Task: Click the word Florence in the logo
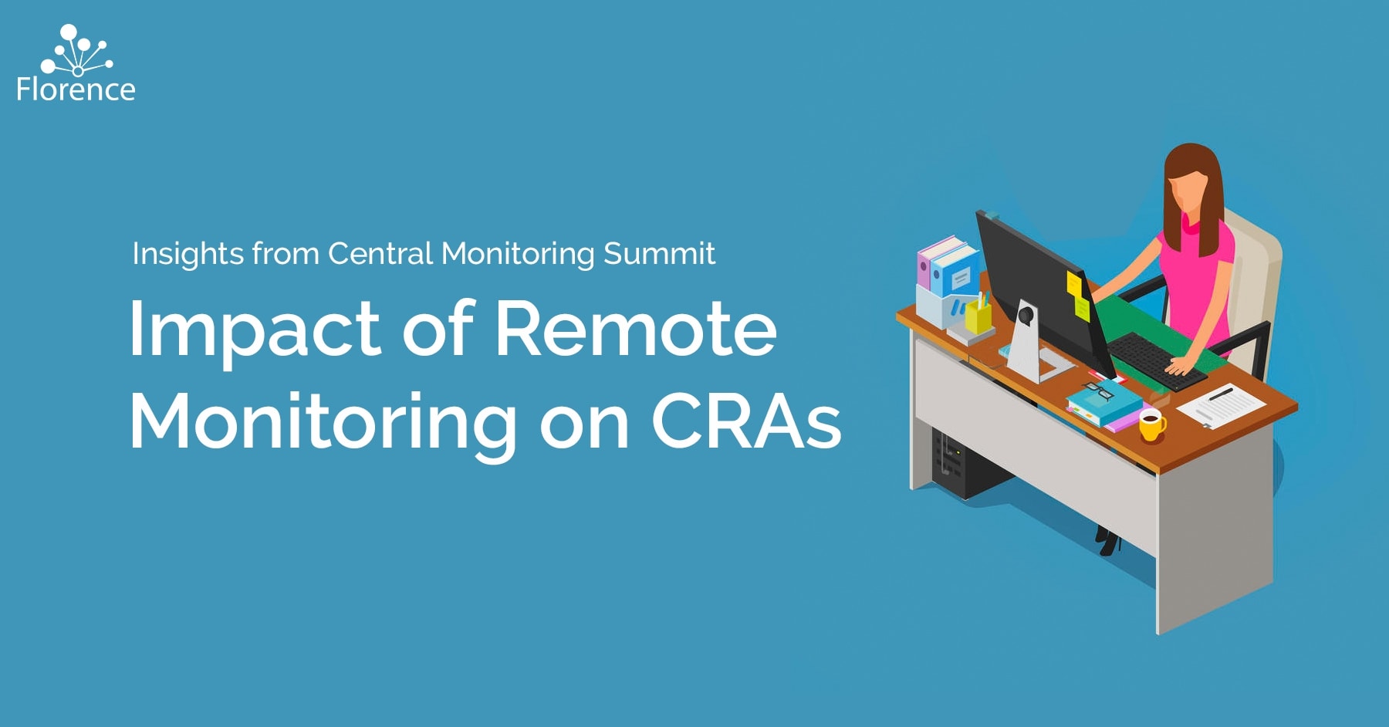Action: pyautogui.click(x=76, y=90)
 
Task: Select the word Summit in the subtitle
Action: pyautogui.click(x=659, y=253)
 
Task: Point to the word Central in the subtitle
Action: pyautogui.click(x=380, y=253)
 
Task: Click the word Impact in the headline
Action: pyautogui.click(x=255, y=330)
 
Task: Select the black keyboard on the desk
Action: pyautogui.click(x=1156, y=361)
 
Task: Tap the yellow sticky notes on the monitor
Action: pyautogui.click(x=1077, y=295)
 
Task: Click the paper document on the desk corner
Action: pyautogui.click(x=1221, y=405)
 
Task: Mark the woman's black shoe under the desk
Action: pyautogui.click(x=1108, y=541)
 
